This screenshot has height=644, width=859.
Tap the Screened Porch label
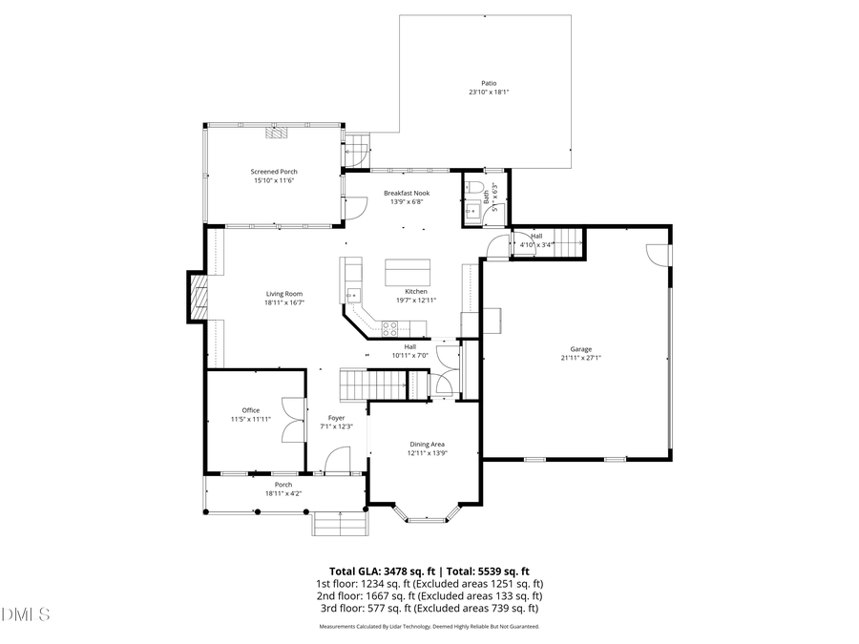tap(274, 172)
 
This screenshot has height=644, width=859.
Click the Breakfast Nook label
tap(407, 193)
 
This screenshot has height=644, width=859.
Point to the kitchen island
tap(408, 272)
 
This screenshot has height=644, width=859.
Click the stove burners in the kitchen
tap(389, 327)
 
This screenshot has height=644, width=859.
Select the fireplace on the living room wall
tap(197, 297)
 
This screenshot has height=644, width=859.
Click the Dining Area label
tap(427, 445)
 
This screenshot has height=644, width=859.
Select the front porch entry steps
tap(339, 523)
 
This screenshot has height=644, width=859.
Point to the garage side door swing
tap(659, 255)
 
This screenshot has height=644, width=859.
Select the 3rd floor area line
tap(429, 608)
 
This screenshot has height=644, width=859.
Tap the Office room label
tap(250, 410)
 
